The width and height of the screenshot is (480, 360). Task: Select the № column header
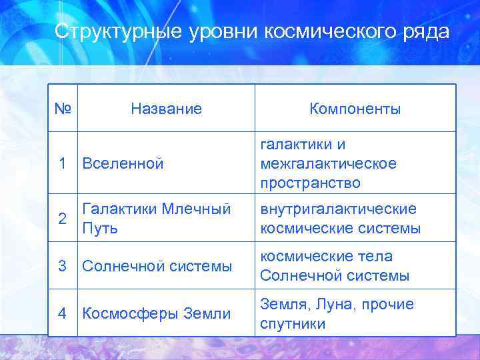click(x=63, y=108)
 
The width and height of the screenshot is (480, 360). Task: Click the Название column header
click(x=166, y=109)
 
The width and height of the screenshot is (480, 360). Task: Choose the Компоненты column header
click(x=355, y=109)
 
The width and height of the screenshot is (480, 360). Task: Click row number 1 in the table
click(x=62, y=163)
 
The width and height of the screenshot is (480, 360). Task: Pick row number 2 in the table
click(x=62, y=219)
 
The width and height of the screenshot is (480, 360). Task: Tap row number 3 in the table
click(x=62, y=266)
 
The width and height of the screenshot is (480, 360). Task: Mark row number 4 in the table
click(x=62, y=313)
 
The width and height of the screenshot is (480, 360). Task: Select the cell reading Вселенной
click(x=123, y=163)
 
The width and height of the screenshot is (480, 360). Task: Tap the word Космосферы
click(x=122, y=313)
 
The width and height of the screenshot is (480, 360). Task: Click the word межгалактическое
click(x=328, y=163)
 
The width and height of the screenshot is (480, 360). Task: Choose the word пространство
click(x=310, y=183)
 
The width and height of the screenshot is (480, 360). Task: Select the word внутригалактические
click(x=338, y=209)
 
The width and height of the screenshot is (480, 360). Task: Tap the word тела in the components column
click(x=375, y=257)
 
